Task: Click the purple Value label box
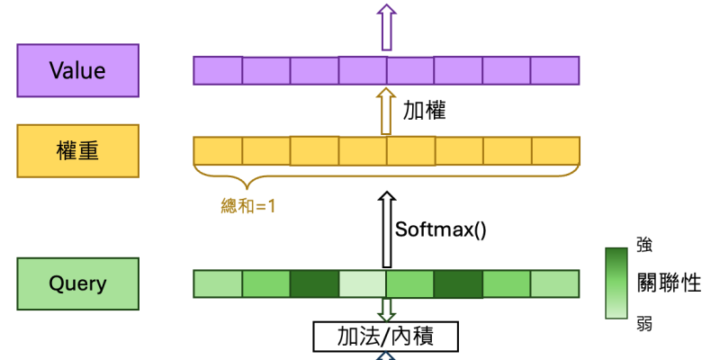pos(77,70)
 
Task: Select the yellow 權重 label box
pos(77,150)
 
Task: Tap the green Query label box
pos(77,284)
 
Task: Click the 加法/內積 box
pos(385,337)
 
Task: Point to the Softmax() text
pos(441,229)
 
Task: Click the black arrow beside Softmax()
pos(386,229)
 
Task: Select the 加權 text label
pos(424,111)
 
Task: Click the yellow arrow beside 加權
pos(386,111)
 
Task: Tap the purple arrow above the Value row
pos(386,26)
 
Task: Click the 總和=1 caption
pos(247,204)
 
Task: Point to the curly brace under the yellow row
pos(386,171)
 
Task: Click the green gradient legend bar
pos(617,283)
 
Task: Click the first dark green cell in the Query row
pos(314,284)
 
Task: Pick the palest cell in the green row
pos(363,284)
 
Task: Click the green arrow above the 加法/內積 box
pos(386,309)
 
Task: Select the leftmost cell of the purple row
pos(218,70)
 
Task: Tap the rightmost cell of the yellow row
pos(555,150)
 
